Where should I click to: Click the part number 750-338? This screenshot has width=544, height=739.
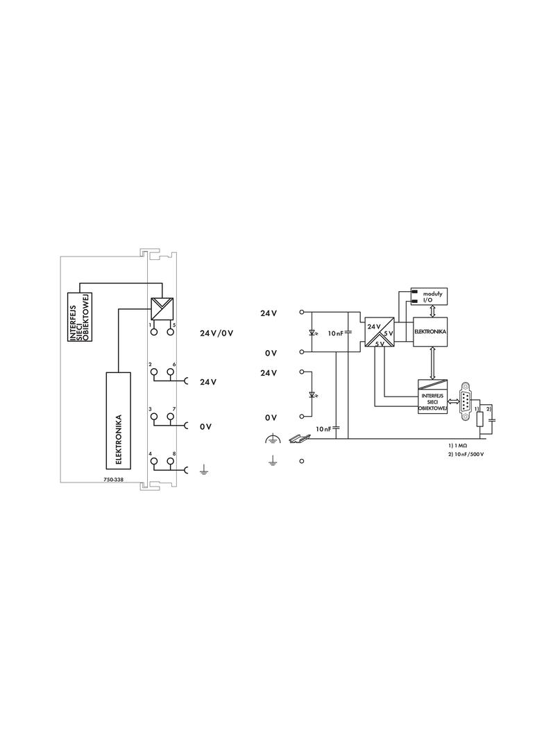click(113, 480)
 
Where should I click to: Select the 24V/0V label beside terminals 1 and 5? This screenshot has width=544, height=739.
click(216, 333)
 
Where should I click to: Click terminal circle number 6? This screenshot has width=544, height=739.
click(170, 372)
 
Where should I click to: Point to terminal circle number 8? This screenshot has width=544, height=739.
click(170, 462)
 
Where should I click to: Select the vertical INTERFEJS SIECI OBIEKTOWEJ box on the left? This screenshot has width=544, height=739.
click(80, 316)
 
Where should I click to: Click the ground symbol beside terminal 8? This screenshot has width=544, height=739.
click(203, 469)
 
